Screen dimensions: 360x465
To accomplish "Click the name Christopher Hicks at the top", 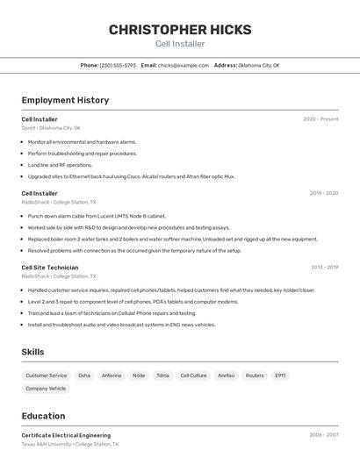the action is tap(180, 30).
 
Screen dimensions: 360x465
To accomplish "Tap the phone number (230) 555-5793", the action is tap(118, 65).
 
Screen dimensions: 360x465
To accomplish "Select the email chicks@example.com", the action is tap(184, 65).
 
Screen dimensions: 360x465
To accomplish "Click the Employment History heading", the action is tap(65, 100).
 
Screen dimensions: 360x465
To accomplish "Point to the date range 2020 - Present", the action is tap(320, 119).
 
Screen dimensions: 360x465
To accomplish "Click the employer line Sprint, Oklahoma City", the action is tap(51, 128).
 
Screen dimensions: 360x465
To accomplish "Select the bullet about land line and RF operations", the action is tap(60, 165).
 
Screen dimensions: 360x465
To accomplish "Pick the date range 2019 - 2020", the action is tap(324, 194).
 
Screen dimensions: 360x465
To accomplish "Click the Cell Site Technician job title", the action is tap(50, 268).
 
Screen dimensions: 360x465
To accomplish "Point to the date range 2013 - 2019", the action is tap(324, 268).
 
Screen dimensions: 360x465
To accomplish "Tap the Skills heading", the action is tap(33, 352).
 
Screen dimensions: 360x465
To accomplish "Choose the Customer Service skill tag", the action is tap(46, 376).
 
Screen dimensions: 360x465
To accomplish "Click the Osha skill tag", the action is tap(84, 376).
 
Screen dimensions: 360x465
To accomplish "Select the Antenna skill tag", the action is tap(112, 376).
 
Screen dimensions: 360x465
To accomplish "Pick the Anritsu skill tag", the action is tap(226, 376).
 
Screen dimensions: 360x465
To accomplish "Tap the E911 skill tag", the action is tap(280, 376).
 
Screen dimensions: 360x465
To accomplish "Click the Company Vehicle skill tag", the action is tap(46, 389).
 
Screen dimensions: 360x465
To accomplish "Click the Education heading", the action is tap(43, 416).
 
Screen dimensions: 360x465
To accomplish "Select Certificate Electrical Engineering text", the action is tap(66, 435).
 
